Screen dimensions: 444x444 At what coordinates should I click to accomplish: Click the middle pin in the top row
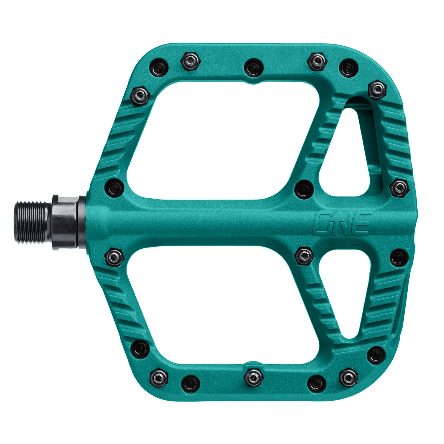(x=253, y=68)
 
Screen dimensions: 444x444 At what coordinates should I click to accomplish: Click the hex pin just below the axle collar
(x=114, y=257)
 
